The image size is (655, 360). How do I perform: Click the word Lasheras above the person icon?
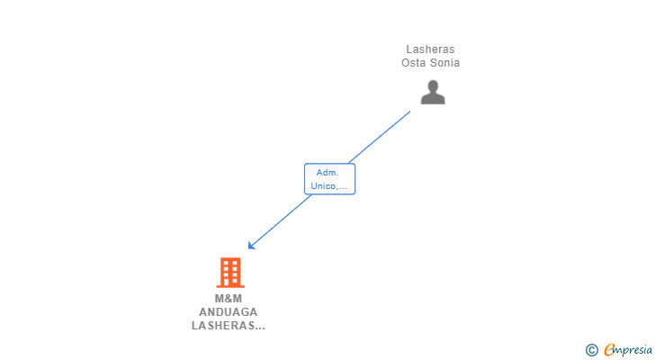pyautogui.click(x=430, y=49)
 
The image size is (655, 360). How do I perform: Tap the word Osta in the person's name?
pyautogui.click(x=415, y=63)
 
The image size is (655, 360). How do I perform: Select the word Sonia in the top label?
pyautogui.click(x=444, y=63)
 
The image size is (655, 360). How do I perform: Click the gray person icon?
pyautogui.click(x=433, y=93)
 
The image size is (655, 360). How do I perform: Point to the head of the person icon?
pyautogui.click(x=433, y=86)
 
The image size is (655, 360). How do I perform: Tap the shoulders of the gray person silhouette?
pyautogui.click(x=433, y=99)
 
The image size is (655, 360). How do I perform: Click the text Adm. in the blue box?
pyautogui.click(x=329, y=172)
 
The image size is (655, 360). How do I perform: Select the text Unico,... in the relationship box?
pyautogui.click(x=329, y=186)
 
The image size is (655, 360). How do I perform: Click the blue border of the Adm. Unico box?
pyautogui.click(x=305, y=179)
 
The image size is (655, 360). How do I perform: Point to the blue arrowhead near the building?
pyautogui.click(x=251, y=245)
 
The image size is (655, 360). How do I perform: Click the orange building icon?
pyautogui.click(x=230, y=272)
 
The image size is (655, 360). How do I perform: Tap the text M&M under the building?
pyautogui.click(x=229, y=299)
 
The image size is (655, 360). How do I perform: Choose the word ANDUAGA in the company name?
pyautogui.click(x=229, y=312)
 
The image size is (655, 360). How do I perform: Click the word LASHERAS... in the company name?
pyautogui.click(x=229, y=326)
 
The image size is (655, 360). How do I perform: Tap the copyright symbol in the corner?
pyautogui.click(x=591, y=350)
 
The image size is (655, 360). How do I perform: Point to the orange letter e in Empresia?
pyautogui.click(x=609, y=350)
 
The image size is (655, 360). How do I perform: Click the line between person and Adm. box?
pyautogui.click(x=382, y=135)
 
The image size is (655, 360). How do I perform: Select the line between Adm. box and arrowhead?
pyautogui.click(x=281, y=220)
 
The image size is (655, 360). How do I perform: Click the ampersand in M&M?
pyautogui.click(x=229, y=299)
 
